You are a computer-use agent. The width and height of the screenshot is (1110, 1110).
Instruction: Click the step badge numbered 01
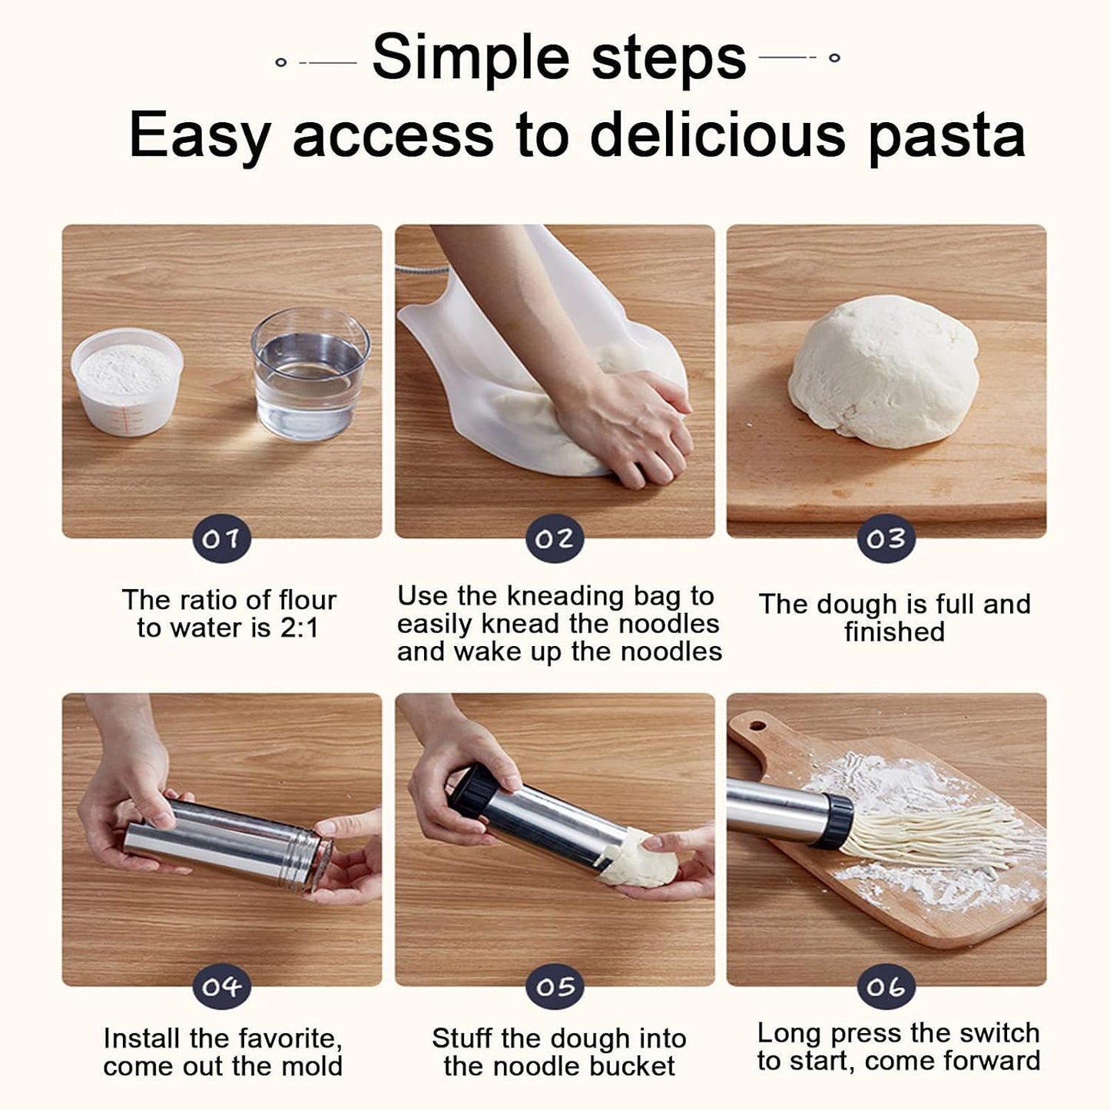pyautogui.click(x=222, y=539)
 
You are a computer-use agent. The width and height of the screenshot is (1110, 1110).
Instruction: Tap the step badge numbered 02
pyautogui.click(x=555, y=539)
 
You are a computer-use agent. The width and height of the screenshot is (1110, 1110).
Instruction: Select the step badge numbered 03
pyautogui.click(x=886, y=539)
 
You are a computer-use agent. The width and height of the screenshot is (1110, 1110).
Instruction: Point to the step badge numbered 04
pyautogui.click(x=222, y=987)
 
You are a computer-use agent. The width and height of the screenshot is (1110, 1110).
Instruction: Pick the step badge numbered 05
pyautogui.click(x=555, y=987)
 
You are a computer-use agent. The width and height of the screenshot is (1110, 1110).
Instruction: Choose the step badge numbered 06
pyautogui.click(x=886, y=987)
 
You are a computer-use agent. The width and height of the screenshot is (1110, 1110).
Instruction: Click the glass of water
pyautogui.click(x=310, y=374)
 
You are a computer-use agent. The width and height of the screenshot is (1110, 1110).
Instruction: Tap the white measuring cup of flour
pyautogui.click(x=127, y=381)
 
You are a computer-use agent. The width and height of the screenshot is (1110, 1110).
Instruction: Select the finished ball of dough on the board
pyautogui.click(x=883, y=372)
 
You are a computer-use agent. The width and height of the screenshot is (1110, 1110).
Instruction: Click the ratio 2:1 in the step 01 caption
pyautogui.click(x=300, y=628)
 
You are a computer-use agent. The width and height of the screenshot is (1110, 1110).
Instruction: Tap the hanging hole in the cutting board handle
pyautogui.click(x=757, y=725)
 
